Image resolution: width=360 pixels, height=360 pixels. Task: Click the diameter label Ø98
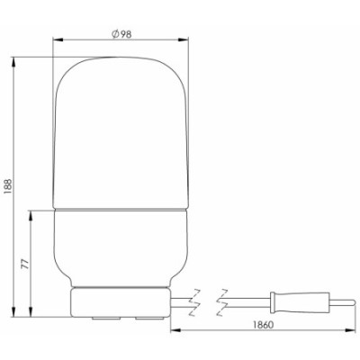pos(121,34)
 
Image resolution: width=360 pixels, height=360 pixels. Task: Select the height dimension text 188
pos(8,186)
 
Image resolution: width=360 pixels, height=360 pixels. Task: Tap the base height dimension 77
pos(26,264)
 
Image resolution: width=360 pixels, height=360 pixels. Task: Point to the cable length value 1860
pos(263,325)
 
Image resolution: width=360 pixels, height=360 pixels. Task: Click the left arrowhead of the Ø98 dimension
pos(58,40)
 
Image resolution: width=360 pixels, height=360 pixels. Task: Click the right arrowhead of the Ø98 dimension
pos(184,40)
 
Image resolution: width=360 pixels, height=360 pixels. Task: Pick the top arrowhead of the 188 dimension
pos(13,62)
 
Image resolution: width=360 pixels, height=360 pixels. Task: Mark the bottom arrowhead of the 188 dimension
pos(13,311)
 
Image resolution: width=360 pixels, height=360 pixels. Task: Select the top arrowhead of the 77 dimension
pos(31,215)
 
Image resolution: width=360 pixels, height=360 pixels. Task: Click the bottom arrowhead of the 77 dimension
pos(31,311)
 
